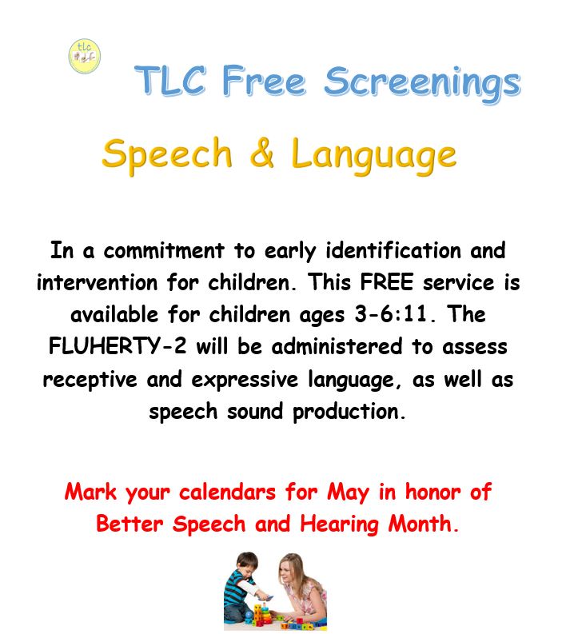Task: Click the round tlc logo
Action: click(85, 56)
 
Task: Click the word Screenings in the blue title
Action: click(422, 85)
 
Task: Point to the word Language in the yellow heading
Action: click(373, 156)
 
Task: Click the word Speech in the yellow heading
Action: click(167, 156)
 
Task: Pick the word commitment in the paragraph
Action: click(164, 250)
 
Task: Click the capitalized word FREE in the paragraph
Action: click(387, 282)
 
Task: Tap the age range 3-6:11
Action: click(391, 314)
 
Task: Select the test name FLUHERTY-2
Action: click(118, 346)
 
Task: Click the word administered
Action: click(337, 346)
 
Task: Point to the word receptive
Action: click(90, 380)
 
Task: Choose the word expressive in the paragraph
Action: click(245, 380)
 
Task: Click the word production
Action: click(346, 413)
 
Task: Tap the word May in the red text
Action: click(348, 493)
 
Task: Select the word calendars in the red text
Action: click(227, 492)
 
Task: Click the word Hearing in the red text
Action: click(340, 524)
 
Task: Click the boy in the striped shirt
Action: click(245, 588)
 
